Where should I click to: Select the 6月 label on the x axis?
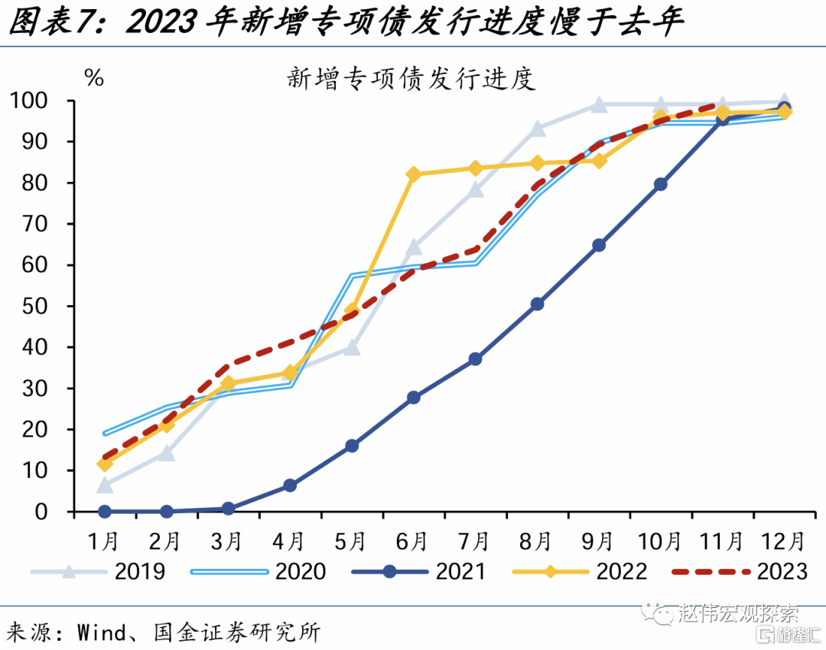pos(412,541)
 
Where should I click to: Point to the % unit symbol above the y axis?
pos(94,77)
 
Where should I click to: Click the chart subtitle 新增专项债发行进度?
pos(411,79)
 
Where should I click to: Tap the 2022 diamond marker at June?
pos(414,174)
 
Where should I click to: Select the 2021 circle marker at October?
pos(660,184)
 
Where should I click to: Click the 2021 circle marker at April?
pos(290,486)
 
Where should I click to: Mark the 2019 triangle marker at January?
pos(105,485)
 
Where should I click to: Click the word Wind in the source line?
pos(102,632)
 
